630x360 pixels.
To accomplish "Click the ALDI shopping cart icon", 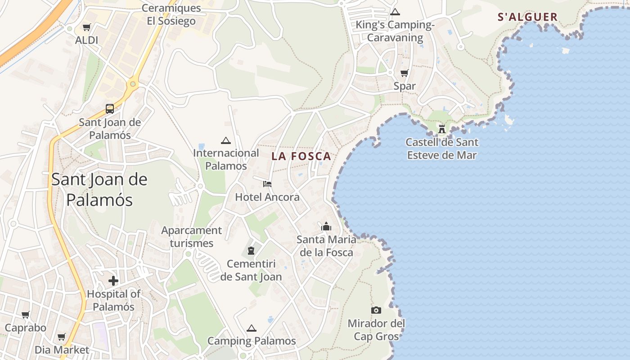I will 86,27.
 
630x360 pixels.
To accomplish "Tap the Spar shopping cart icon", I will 404,73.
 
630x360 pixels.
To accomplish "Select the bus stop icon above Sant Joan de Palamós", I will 110,108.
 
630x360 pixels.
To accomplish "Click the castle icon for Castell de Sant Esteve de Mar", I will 442,129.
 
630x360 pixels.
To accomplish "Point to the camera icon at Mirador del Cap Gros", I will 376,310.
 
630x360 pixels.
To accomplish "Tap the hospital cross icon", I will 113,281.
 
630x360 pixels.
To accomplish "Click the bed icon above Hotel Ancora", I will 267,184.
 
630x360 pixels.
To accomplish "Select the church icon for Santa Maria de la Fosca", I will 326,226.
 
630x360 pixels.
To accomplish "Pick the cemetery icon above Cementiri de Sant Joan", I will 251,250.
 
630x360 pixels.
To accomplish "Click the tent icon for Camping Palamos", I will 251,328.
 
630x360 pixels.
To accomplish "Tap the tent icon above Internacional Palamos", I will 225,140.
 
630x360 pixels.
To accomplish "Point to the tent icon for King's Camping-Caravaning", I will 395,12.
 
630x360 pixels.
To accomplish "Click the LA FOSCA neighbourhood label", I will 301,157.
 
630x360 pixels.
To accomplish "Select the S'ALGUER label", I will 527,17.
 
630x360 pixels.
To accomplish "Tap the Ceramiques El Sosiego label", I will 171,14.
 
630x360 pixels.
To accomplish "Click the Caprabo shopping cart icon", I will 26,315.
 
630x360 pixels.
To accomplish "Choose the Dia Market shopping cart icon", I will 62,337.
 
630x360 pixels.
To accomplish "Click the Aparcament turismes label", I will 192,237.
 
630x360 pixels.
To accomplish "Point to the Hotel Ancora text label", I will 267,197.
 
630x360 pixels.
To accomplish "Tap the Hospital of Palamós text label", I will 113,300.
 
